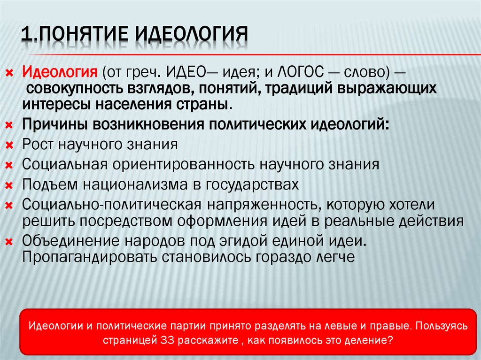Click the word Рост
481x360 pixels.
coord(38,144)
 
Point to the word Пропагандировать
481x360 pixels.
coord(89,257)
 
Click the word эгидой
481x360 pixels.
coord(241,241)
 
